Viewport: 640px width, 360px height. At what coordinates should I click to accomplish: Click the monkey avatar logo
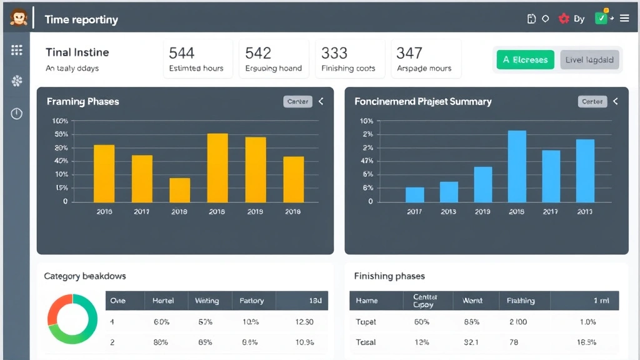coord(18,18)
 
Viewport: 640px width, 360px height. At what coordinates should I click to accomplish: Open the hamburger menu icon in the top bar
coord(624,19)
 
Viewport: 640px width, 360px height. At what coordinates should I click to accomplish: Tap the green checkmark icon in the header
coord(601,19)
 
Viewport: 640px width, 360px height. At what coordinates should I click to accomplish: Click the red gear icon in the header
coord(564,19)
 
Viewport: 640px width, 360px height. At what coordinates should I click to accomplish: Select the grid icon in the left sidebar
coord(17,51)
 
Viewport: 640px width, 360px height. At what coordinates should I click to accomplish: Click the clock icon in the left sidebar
coord(17,113)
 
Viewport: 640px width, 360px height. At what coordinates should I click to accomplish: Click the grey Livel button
coord(589,60)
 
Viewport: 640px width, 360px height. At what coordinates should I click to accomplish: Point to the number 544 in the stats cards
coord(182,53)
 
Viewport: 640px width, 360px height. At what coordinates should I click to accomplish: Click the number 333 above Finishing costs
coord(334,53)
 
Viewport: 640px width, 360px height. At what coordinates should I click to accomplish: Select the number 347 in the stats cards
coord(409,53)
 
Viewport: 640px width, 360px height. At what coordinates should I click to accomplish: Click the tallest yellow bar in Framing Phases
coord(217,167)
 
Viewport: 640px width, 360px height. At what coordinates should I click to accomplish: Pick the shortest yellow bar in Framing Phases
coord(180,190)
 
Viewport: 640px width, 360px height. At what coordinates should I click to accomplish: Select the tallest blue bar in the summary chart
coord(517,166)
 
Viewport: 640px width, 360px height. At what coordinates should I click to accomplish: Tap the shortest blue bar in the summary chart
coord(415,194)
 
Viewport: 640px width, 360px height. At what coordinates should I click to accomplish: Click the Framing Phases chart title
coord(82,101)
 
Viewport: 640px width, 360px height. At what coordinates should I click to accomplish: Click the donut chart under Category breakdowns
coord(72,319)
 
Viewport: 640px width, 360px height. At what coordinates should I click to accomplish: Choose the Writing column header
coord(207,301)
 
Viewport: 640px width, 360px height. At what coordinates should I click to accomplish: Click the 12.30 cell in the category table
coord(304,322)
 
